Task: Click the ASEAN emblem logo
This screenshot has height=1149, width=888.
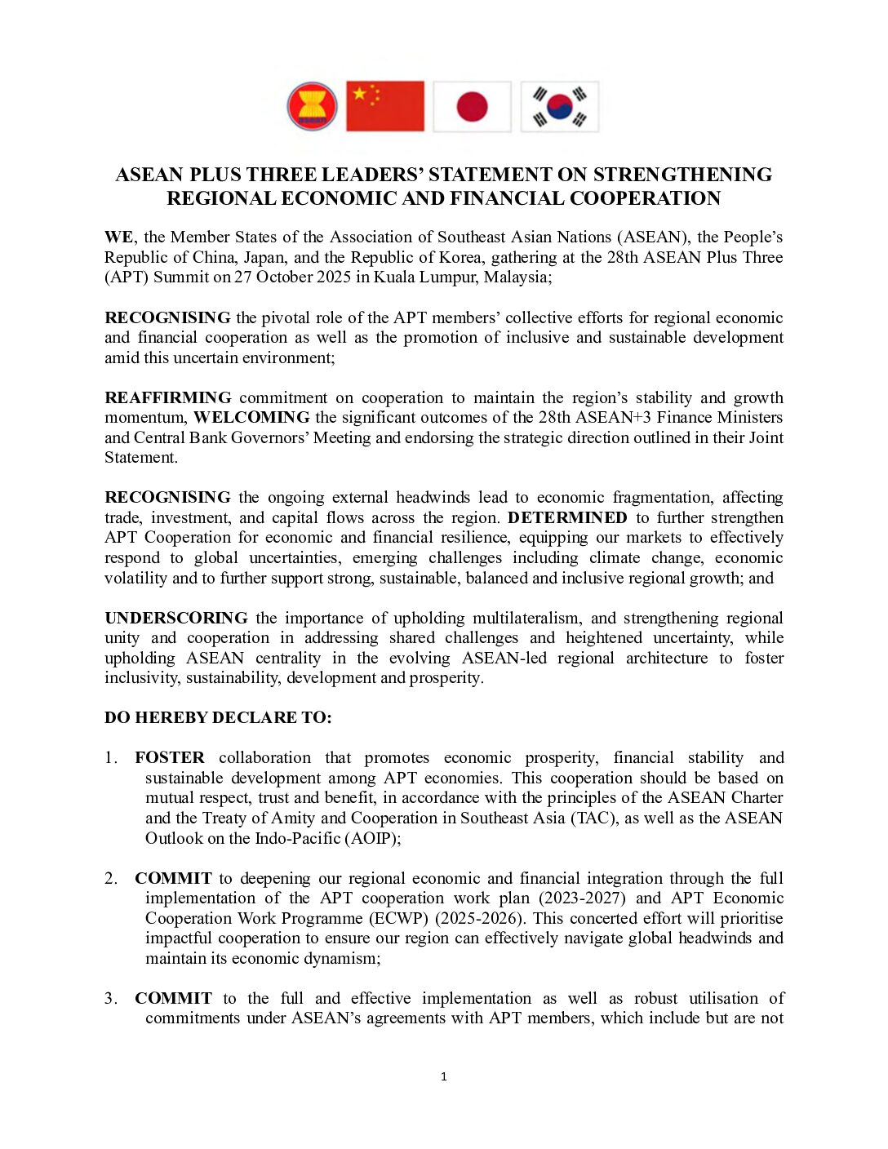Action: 312,106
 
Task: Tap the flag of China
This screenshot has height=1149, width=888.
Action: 385,106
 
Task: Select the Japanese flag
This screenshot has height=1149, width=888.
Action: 472,106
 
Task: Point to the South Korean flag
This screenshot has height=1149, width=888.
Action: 560,106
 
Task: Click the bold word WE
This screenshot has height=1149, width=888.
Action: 119,237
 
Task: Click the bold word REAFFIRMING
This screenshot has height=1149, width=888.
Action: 168,398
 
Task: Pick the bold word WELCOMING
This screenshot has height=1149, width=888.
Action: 251,418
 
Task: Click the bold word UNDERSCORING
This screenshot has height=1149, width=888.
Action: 176,619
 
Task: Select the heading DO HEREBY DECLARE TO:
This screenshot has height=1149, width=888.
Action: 218,718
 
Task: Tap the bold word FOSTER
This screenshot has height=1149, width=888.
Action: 170,758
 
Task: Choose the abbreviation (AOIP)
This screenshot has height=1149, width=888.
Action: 372,838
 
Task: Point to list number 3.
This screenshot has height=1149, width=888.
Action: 111,999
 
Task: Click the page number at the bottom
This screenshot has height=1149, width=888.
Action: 444,1077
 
